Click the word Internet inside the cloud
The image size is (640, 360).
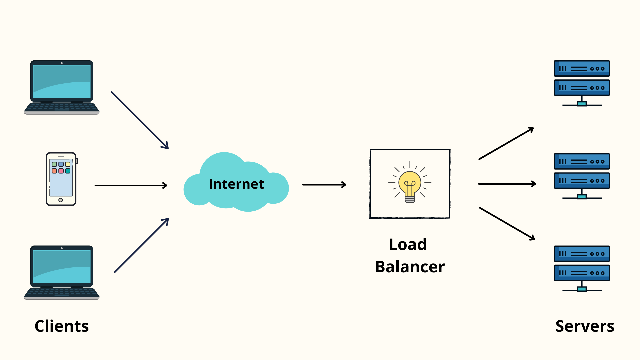(x=236, y=184)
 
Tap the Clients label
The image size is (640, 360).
(x=62, y=326)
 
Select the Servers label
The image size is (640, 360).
(x=585, y=326)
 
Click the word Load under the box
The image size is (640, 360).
(x=408, y=244)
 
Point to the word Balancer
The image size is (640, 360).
(x=410, y=267)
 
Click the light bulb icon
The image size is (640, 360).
(x=410, y=184)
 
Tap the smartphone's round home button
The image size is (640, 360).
(x=61, y=200)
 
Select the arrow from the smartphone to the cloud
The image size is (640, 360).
(x=131, y=185)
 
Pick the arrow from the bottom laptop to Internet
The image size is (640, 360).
(x=141, y=246)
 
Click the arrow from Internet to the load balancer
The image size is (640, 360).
(x=324, y=185)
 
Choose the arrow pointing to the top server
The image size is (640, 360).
(x=506, y=143)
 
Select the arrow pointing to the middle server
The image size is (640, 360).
(x=507, y=184)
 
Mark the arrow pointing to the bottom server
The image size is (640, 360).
(x=507, y=223)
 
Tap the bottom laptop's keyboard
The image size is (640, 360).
(x=62, y=292)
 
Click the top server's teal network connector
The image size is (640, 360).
(x=582, y=104)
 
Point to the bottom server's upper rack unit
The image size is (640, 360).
(x=582, y=254)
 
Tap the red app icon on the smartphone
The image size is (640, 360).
(x=61, y=171)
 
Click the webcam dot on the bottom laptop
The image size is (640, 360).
(x=62, y=248)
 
